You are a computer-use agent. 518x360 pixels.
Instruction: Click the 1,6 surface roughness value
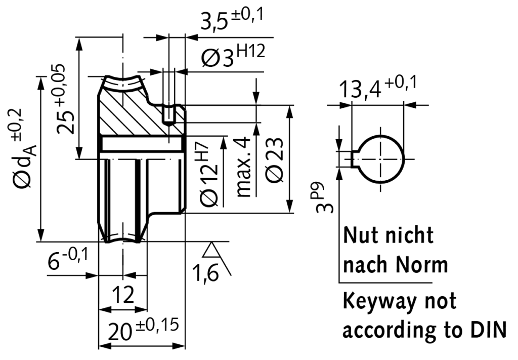pyautogui.click(x=205, y=273)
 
